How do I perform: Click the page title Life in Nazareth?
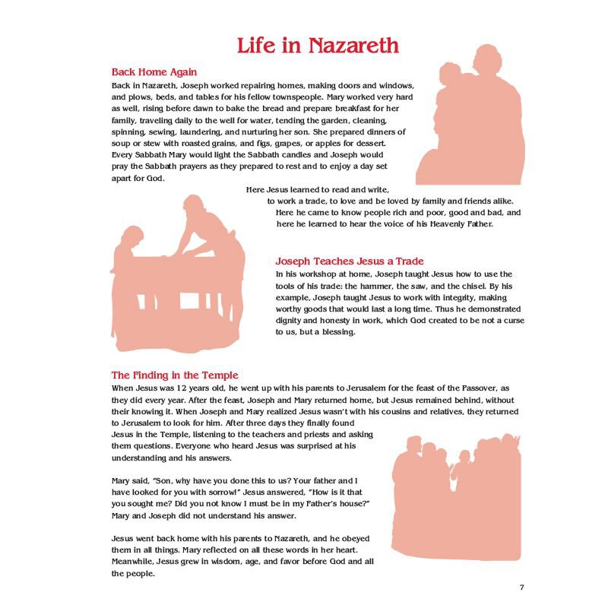318,45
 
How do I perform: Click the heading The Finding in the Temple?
175,375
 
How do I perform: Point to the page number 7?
522,587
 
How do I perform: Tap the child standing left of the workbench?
128,251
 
